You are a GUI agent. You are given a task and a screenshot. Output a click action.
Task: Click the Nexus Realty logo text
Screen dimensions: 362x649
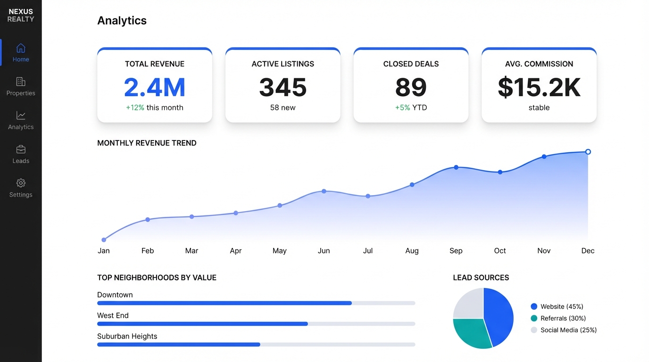point(21,15)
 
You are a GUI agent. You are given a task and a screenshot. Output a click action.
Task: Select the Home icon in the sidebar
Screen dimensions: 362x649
point(21,48)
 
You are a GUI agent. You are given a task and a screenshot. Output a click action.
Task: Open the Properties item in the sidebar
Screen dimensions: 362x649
point(21,86)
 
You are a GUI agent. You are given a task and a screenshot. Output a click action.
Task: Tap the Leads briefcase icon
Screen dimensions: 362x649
point(21,149)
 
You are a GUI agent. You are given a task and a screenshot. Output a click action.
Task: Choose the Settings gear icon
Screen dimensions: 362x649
point(21,183)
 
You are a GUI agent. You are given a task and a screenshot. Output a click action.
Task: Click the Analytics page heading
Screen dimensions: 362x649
point(122,21)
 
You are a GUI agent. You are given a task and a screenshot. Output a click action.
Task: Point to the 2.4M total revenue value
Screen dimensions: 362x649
point(155,87)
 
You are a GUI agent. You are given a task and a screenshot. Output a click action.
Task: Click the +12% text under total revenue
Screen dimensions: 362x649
point(135,107)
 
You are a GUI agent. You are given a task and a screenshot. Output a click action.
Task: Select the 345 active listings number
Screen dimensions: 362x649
point(283,87)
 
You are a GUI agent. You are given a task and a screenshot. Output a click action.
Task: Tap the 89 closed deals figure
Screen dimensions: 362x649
point(411,87)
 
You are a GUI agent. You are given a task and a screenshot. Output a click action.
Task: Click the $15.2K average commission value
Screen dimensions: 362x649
point(539,88)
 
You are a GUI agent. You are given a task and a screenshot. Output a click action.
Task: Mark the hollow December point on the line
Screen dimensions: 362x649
point(588,152)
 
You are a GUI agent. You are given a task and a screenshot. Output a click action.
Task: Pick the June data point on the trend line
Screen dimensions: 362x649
point(324,191)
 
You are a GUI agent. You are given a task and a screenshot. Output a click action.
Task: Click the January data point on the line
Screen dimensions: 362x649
point(104,240)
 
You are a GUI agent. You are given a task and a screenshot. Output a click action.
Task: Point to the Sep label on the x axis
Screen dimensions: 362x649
point(456,251)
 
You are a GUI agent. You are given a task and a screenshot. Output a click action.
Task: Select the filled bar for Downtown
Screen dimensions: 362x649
point(224,303)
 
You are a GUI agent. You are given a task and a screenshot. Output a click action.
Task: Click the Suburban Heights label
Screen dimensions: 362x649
point(127,336)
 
